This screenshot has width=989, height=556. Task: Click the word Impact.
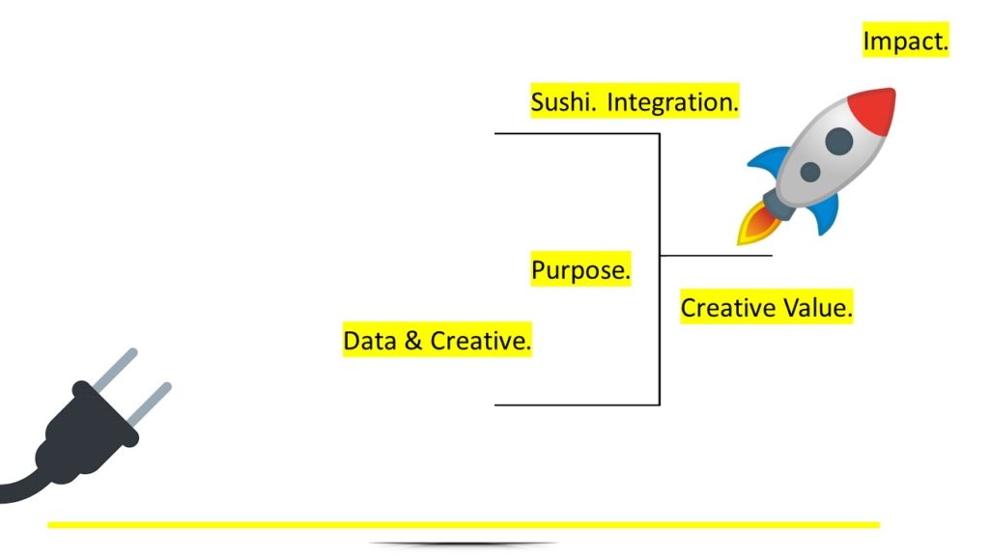(x=905, y=41)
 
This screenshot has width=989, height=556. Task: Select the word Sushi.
(x=563, y=101)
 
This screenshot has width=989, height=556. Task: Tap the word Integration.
(x=672, y=102)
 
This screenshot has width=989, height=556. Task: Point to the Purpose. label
(x=580, y=270)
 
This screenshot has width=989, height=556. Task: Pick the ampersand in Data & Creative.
(x=413, y=341)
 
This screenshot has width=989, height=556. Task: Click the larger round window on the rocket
(x=839, y=141)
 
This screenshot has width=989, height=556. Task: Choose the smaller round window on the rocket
(x=810, y=171)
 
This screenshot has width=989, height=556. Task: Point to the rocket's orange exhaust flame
(x=759, y=224)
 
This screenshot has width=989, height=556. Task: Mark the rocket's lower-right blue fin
(x=826, y=213)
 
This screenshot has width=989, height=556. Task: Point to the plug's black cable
(x=22, y=486)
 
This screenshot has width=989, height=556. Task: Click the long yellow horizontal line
(x=464, y=524)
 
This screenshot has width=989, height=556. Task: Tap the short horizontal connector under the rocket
(x=717, y=255)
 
